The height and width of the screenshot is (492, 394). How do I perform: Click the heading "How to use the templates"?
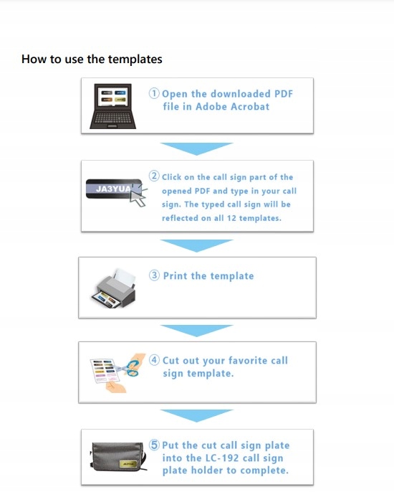coord(92,59)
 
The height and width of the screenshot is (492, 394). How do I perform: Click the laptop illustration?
coord(113,106)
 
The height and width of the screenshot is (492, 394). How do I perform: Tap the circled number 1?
coord(154,93)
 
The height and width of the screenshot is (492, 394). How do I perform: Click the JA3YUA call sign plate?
coord(113,189)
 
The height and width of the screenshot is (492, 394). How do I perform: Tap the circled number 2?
coord(154,176)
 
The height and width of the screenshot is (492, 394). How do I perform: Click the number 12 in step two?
coord(231,218)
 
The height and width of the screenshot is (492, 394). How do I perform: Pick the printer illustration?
coord(114,288)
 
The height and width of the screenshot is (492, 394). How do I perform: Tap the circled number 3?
coord(154,275)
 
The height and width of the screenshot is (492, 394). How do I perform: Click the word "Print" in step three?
coord(176,276)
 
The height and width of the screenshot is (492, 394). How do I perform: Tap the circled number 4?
coord(154,359)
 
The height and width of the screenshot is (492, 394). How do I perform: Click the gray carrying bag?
coord(119,457)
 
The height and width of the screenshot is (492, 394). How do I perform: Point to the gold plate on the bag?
coord(128,464)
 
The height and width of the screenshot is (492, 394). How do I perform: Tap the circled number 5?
coord(154,445)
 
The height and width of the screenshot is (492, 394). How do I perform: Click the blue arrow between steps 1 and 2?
coord(197,148)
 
